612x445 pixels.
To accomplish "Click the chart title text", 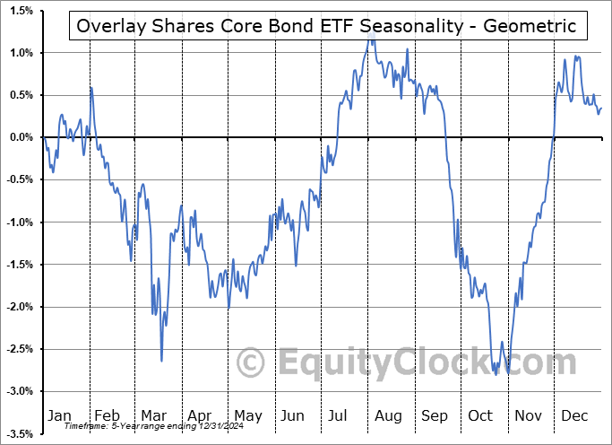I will coord(327,26).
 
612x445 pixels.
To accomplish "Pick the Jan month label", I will coord(58,415).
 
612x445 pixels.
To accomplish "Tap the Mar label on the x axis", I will coord(153,415).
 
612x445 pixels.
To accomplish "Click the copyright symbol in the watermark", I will coord(251,362).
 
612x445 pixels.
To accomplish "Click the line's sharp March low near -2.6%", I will coord(161,361).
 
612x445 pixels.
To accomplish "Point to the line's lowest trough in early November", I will coord(508,373).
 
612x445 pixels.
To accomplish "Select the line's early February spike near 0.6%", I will coord(91,87).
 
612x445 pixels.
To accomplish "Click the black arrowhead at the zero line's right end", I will coord(601,137).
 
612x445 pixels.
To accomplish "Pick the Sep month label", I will coord(435,415).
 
